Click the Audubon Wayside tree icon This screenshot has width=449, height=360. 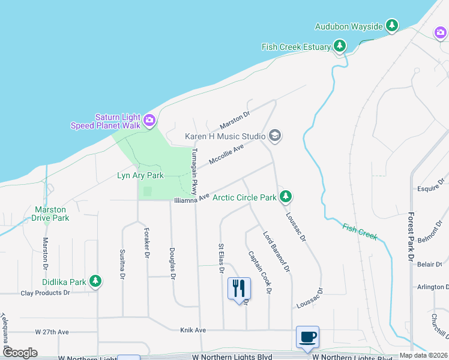point(392,25)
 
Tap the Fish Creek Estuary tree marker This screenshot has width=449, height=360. point(340,46)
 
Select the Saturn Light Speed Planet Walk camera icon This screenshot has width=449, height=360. point(149,121)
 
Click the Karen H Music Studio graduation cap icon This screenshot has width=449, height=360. point(275,136)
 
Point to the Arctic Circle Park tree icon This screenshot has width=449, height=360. point(286,196)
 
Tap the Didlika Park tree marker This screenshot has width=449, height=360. point(95,281)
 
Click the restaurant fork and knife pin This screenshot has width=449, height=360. point(239,287)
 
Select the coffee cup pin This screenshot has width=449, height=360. point(307,337)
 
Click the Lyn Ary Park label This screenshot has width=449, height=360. point(140,176)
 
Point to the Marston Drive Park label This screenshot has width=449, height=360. point(51,214)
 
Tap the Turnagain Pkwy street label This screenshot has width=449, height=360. point(194,172)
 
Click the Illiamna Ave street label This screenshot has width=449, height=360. point(191,198)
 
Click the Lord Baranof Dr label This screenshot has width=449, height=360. point(277,250)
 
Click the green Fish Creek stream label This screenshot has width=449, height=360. point(360,232)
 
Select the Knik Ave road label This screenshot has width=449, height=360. point(193,330)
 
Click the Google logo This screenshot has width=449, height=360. point(20,352)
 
